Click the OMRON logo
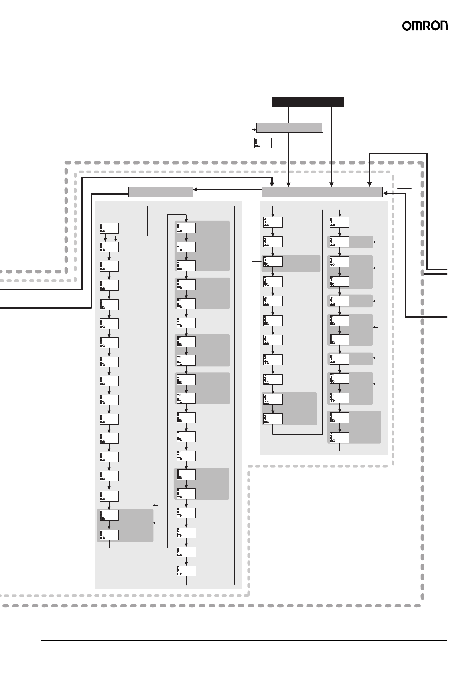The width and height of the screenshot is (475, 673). (x=425, y=26)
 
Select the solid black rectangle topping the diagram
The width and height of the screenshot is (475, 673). (x=308, y=102)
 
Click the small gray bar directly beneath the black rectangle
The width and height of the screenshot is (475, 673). (x=289, y=128)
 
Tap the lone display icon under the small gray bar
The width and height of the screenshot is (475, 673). (x=263, y=143)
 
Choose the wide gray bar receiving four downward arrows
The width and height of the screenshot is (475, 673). (x=322, y=192)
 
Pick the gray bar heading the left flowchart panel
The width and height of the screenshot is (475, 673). (x=161, y=192)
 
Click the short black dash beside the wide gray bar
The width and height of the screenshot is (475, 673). (x=404, y=188)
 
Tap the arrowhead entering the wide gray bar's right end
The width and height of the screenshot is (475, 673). (x=385, y=193)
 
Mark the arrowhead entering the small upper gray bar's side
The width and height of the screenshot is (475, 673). (x=254, y=129)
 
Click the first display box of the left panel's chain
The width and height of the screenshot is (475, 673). (x=109, y=228)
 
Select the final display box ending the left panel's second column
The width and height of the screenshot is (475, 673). (x=186, y=571)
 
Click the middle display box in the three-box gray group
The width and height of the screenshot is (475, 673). (x=186, y=247)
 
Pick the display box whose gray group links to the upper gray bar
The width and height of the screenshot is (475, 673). (x=273, y=262)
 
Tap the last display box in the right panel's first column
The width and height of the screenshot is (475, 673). (x=273, y=419)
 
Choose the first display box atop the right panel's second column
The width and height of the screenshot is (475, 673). (x=339, y=222)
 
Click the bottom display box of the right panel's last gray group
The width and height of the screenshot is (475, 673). (x=339, y=437)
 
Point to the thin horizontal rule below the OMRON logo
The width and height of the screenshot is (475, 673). (x=244, y=52)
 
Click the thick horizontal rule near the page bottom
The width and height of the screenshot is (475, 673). (x=244, y=641)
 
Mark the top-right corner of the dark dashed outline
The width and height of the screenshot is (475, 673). (x=422, y=163)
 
